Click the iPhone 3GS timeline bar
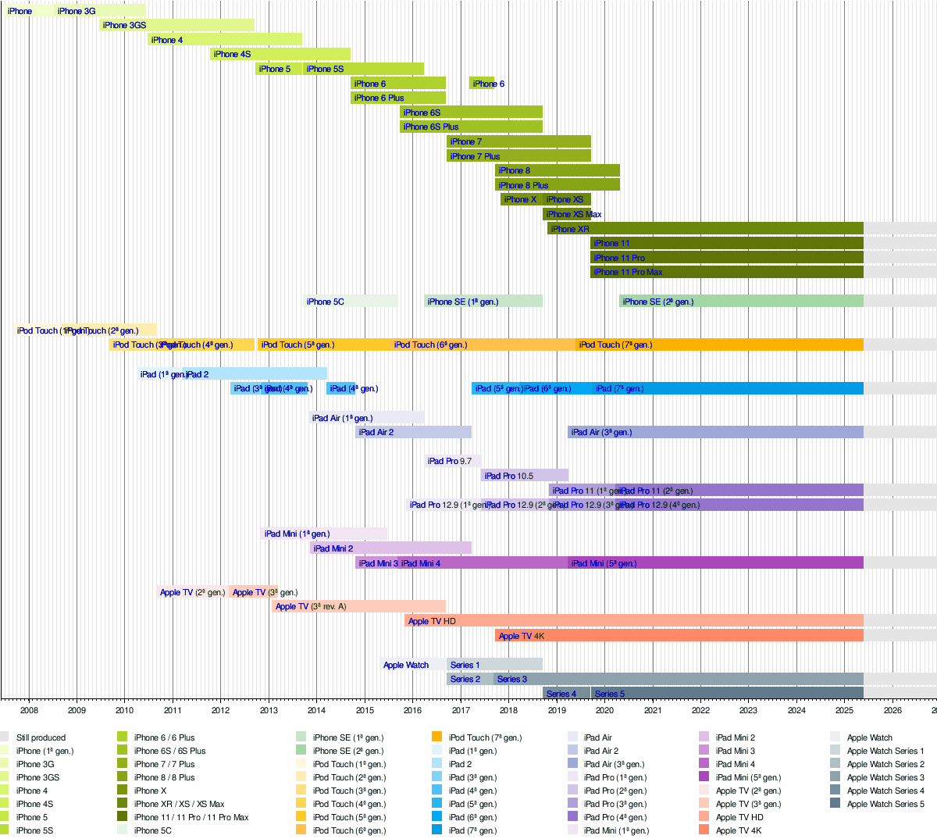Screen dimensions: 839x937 coord(176,25)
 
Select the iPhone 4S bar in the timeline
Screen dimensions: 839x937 coord(280,54)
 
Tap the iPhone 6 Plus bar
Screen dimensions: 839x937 coord(398,98)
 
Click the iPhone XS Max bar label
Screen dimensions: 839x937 coord(574,214)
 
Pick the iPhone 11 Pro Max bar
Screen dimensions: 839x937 coord(726,272)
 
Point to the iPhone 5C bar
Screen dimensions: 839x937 coord(351,302)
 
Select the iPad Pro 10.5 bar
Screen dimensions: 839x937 coord(525,475)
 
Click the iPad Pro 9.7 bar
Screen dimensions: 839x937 coord(453,461)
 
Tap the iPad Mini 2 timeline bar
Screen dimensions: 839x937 coord(390,548)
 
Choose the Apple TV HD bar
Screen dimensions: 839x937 coord(633,621)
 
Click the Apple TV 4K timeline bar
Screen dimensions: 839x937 coord(679,636)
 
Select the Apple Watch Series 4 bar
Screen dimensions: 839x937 coord(566,694)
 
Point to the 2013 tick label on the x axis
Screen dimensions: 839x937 coord(269,710)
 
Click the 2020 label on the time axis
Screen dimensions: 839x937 coord(604,710)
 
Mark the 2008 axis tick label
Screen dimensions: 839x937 coord(29,710)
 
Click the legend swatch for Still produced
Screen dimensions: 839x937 coord(4,737)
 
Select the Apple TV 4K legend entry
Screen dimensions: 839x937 coord(738,830)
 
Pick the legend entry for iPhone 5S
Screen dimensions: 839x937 coord(34,830)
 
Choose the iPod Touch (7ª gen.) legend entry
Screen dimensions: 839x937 coord(485,737)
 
